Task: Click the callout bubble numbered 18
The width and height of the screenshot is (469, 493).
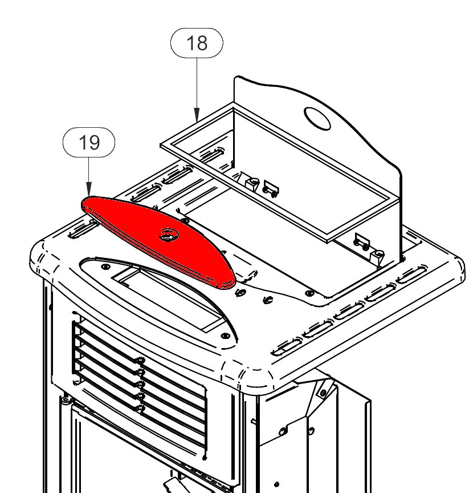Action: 197,43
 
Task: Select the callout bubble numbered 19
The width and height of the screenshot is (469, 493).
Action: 88,143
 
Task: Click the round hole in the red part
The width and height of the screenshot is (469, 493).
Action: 169,235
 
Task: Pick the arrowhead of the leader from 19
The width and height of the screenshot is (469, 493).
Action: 88,194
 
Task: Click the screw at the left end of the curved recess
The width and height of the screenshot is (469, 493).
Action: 106,266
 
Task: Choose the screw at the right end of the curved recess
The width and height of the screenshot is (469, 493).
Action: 225,337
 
